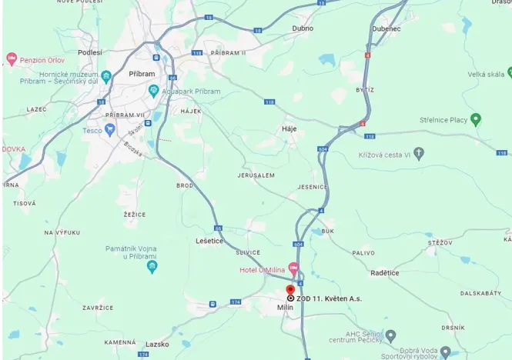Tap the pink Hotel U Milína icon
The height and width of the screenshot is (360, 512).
[x=293, y=268]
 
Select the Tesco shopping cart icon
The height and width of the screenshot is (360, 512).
[x=110, y=129]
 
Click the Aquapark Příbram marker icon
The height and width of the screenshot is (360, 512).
[x=154, y=91]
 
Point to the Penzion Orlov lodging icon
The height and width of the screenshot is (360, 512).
[x=12, y=59]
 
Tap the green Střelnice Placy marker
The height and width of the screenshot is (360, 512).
[x=476, y=119]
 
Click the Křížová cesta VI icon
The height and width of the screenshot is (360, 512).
[x=419, y=154]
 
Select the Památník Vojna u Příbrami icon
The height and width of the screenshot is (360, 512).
[x=152, y=267]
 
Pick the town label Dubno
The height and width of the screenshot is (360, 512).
[x=303, y=28]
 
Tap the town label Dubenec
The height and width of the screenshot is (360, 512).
[x=385, y=28]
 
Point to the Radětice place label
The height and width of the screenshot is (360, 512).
[x=384, y=272]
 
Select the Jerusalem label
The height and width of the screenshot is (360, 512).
[x=256, y=175]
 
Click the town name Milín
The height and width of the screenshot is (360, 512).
[x=285, y=308]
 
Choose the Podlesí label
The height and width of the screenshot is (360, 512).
[x=89, y=52]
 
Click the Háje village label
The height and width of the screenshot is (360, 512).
[x=289, y=128]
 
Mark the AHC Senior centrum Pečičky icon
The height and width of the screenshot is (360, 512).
[x=390, y=335]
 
